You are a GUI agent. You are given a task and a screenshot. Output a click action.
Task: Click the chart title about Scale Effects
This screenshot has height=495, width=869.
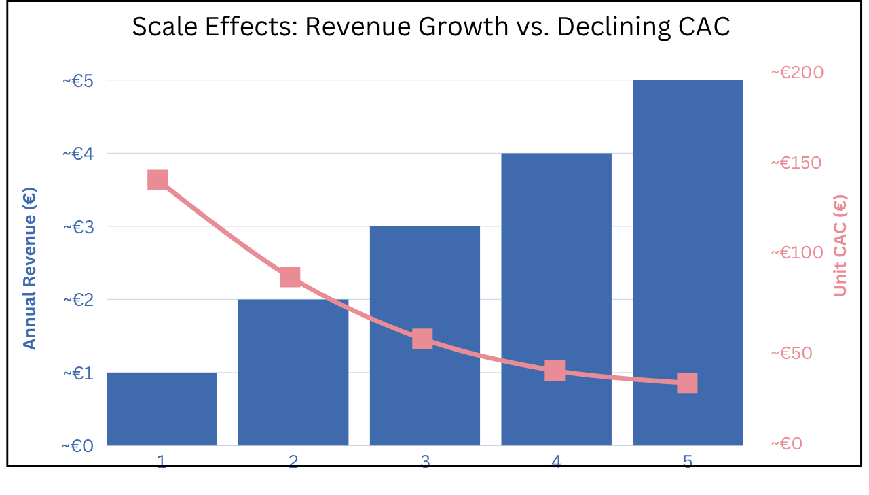click(430, 27)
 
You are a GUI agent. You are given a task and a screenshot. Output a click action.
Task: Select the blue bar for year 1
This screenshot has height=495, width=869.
click(162, 409)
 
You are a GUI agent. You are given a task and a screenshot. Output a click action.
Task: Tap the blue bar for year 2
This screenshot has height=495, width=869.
click(293, 372)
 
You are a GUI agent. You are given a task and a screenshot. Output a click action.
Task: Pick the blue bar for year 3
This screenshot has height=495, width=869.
click(425, 336)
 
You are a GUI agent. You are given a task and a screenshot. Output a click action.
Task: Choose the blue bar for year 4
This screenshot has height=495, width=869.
click(556, 299)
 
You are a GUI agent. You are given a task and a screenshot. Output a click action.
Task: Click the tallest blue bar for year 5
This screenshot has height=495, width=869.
click(688, 262)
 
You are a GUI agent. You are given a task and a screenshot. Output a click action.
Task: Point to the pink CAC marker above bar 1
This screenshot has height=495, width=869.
click(158, 180)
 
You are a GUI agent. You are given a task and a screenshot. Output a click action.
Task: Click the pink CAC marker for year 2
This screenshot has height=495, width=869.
click(290, 277)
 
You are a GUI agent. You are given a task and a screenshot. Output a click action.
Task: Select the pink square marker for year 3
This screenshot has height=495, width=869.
click(422, 339)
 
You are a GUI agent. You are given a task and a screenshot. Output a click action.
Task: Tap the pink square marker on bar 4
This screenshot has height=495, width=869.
click(555, 370)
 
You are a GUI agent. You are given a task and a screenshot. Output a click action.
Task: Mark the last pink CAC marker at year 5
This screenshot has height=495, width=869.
click(688, 383)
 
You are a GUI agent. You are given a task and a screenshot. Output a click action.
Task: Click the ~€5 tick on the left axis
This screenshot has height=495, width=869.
click(78, 81)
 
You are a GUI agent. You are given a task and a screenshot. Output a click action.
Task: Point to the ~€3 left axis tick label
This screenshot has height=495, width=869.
click(78, 227)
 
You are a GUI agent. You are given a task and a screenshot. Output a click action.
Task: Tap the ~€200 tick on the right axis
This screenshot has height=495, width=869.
click(797, 72)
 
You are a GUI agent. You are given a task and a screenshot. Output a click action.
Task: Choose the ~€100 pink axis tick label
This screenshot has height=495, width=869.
click(797, 252)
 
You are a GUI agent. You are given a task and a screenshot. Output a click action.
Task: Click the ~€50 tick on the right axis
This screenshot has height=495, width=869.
click(792, 353)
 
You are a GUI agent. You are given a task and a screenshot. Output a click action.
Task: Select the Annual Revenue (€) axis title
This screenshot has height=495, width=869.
click(29, 269)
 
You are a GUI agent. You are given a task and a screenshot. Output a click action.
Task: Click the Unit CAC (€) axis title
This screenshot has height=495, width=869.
click(840, 245)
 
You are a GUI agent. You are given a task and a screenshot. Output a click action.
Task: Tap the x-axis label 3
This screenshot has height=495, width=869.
click(425, 461)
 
